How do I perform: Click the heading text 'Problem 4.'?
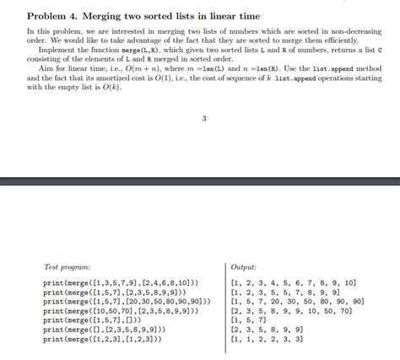[x=53, y=17]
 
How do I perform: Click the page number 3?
[x=204, y=118]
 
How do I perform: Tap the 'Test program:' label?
[x=68, y=267]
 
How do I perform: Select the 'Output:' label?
[x=244, y=267]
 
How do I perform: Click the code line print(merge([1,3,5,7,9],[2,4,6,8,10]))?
[x=122, y=282]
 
